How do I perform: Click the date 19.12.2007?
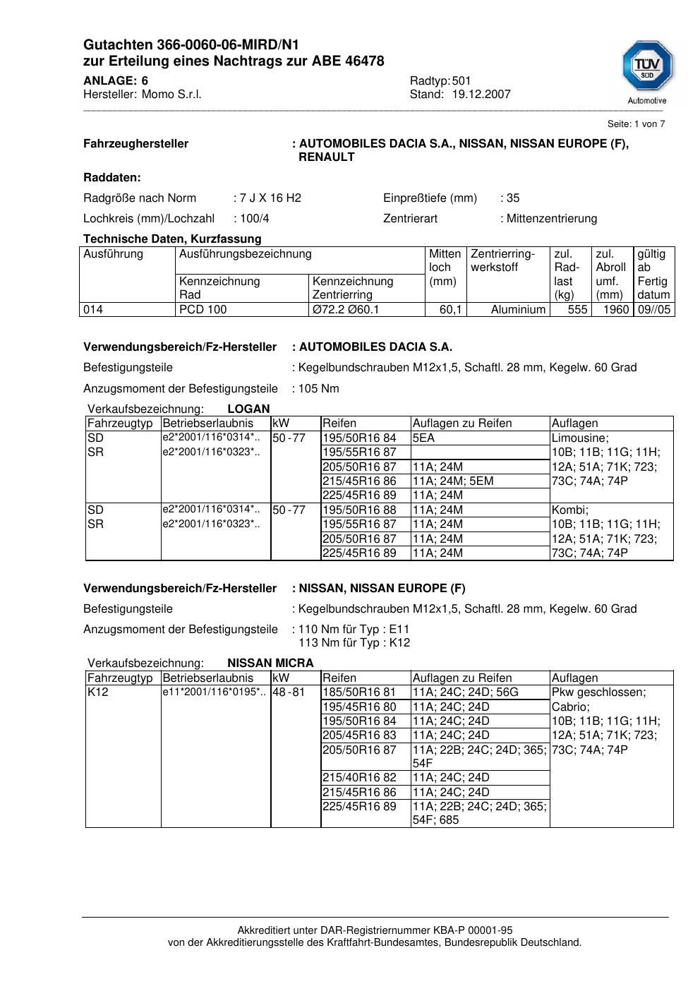481,95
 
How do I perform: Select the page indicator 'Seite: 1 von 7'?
636,124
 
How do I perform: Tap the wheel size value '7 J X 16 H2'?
271,198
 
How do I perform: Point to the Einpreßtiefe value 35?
513,198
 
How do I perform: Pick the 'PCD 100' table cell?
203,310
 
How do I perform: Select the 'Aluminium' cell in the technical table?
518,310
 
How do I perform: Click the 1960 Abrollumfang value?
616,310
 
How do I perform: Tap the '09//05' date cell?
654,310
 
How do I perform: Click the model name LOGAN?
248,409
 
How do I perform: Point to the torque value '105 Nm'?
319,389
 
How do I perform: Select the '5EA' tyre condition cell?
423,438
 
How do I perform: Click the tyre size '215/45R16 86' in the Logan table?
359,481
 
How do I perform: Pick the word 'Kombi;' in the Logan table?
570,510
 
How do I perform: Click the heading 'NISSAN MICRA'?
270,663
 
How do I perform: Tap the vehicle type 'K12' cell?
97,692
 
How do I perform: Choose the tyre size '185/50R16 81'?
359,692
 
